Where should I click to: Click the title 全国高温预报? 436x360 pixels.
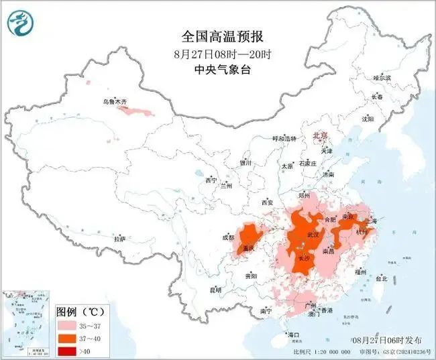[218, 36]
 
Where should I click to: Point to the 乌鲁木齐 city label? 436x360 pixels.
[114, 101]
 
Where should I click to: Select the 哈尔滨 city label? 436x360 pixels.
[382, 78]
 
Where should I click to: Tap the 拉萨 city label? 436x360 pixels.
[120, 239]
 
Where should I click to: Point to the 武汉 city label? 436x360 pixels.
[313, 235]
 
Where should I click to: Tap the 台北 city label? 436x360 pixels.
[381, 278]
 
